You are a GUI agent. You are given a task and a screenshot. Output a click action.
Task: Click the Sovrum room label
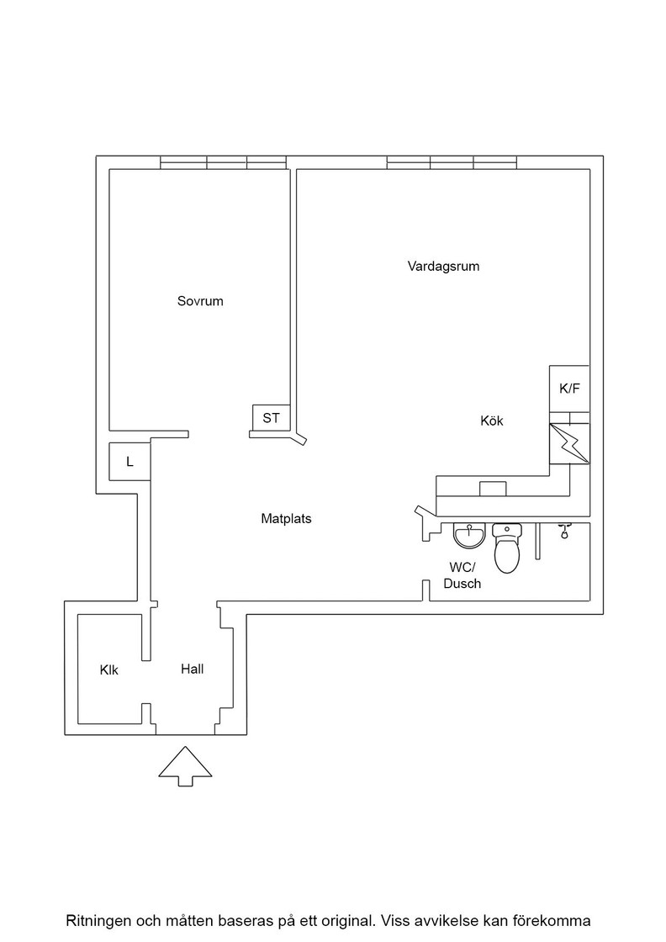coord(200,301)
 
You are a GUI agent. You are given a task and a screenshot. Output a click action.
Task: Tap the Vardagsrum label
coord(443,266)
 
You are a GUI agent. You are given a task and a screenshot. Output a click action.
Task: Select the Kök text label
coord(492,421)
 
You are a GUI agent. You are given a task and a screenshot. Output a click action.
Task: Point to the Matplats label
coord(286,518)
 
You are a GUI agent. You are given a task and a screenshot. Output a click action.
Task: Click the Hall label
coord(193,669)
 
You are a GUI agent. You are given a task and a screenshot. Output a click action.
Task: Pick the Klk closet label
coord(109,669)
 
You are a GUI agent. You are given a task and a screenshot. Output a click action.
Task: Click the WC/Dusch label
coord(462,575)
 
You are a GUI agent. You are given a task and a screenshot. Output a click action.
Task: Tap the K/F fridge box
coord(569,389)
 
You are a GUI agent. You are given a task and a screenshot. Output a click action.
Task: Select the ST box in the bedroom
coord(271,417)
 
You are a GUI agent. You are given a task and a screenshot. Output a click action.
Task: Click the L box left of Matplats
coord(129,462)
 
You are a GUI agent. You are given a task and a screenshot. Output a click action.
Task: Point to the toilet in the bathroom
coord(506,548)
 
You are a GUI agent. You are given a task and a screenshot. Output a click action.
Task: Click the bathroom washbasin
coord(469,535)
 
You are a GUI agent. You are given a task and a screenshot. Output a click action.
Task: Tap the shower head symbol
coord(564,531)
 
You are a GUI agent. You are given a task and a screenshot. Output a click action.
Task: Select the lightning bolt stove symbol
coord(569,443)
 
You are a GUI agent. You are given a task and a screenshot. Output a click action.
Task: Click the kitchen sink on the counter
coord(493,489)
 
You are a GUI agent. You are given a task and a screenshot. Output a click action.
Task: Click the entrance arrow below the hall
coord(186,766)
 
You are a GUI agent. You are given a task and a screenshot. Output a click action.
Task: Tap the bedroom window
coord(223,162)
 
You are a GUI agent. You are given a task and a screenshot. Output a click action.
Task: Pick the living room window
coord(452,162)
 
